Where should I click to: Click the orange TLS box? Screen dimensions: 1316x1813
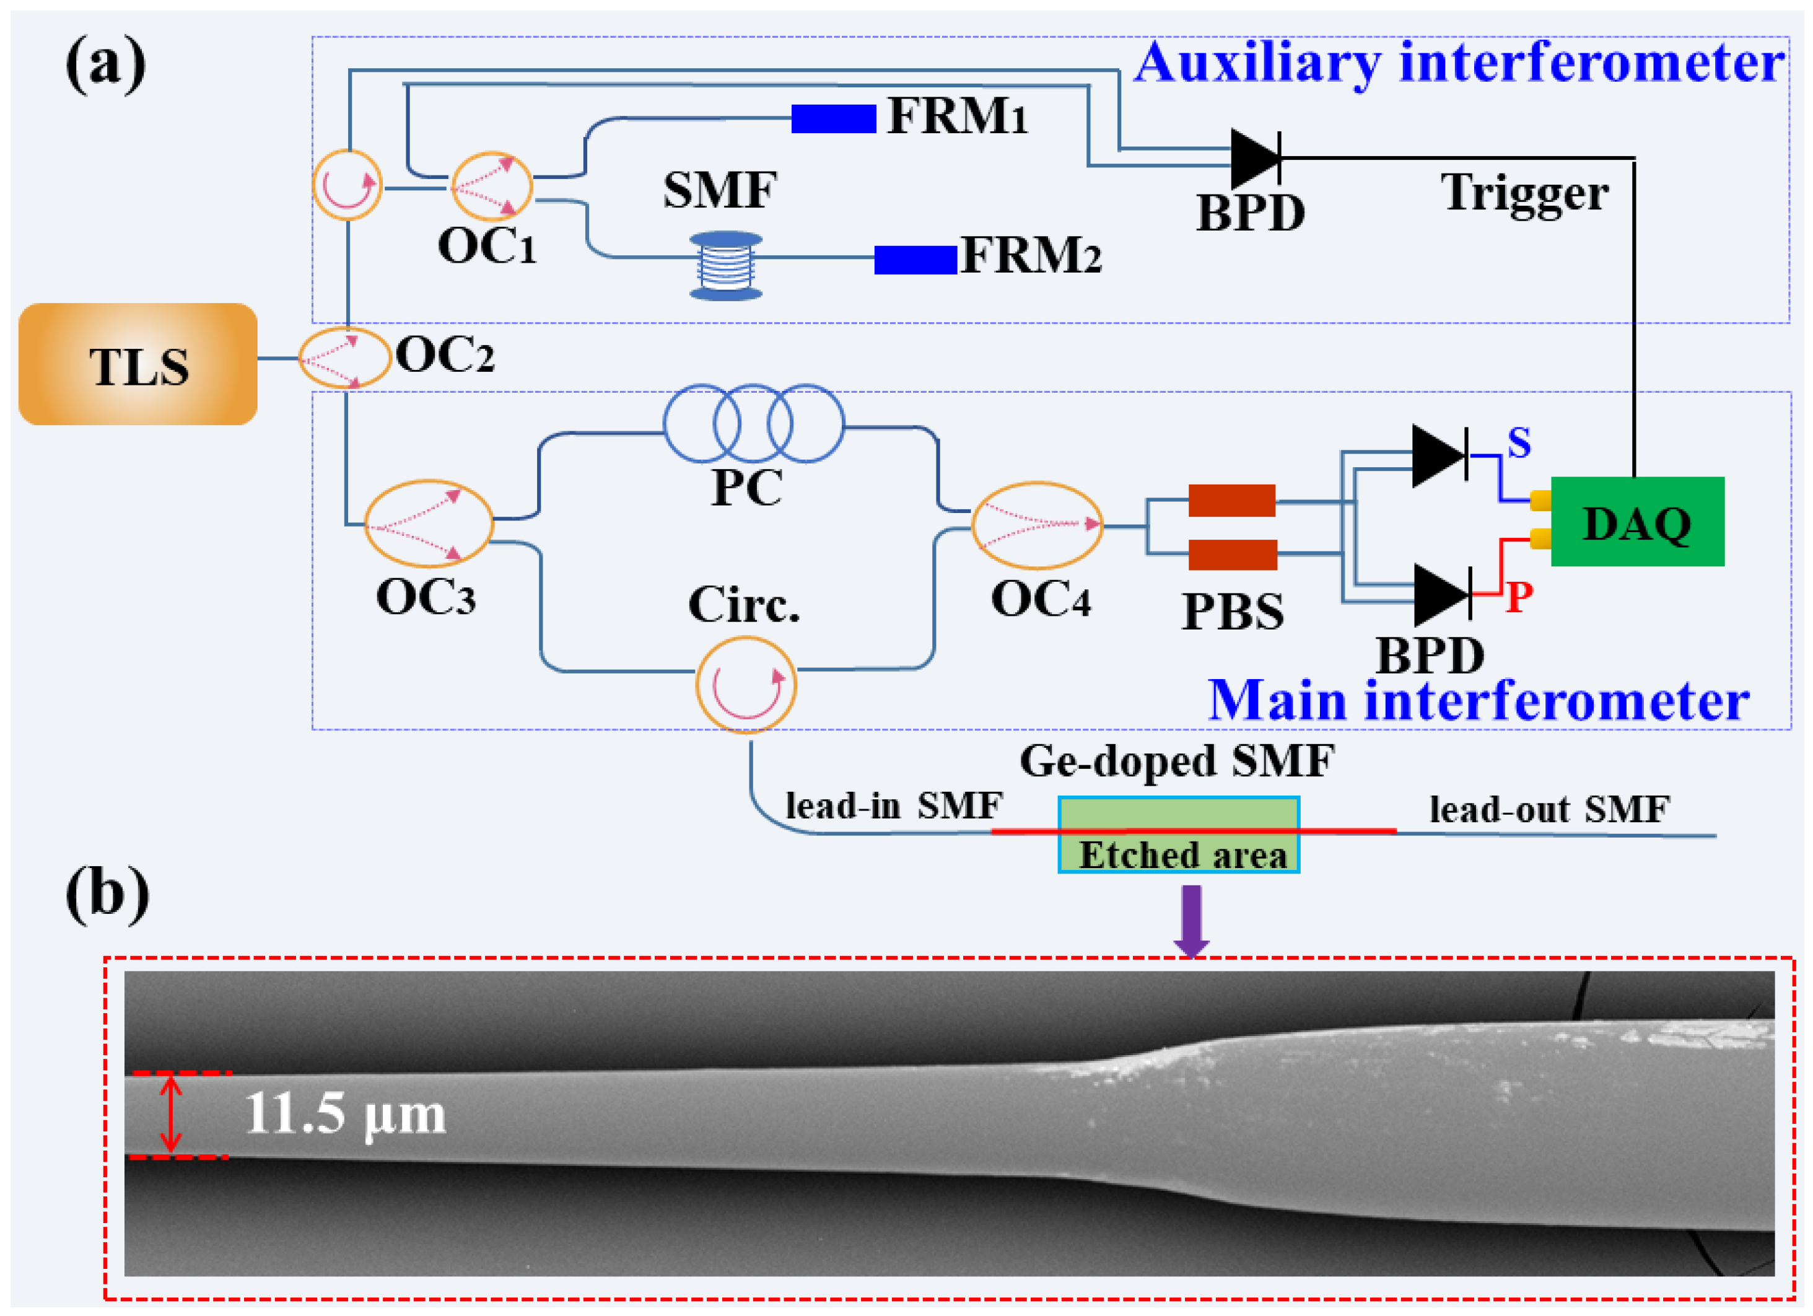coord(138,364)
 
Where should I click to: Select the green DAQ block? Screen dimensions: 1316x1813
coord(1636,521)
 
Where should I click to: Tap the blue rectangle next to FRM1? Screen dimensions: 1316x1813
coord(833,118)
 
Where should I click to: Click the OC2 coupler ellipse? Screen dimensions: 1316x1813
coord(344,358)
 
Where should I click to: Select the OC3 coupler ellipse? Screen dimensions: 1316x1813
coord(429,524)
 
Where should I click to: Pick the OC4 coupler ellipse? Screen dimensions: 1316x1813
coord(1037,525)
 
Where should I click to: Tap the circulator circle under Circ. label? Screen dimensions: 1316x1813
coord(746,685)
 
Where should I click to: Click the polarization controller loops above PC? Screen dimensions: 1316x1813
coord(753,423)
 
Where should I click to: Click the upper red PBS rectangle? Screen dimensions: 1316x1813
coord(1231,501)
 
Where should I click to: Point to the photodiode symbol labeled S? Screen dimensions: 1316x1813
coord(1438,456)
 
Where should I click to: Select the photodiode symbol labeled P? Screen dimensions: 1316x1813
coord(1441,595)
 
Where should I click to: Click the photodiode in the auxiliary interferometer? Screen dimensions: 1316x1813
coord(1255,158)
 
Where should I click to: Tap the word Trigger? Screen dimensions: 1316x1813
coord(1524,193)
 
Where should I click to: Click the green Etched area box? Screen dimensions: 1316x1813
coord(1178,835)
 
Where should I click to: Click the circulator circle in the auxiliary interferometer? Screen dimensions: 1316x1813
coord(347,185)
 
